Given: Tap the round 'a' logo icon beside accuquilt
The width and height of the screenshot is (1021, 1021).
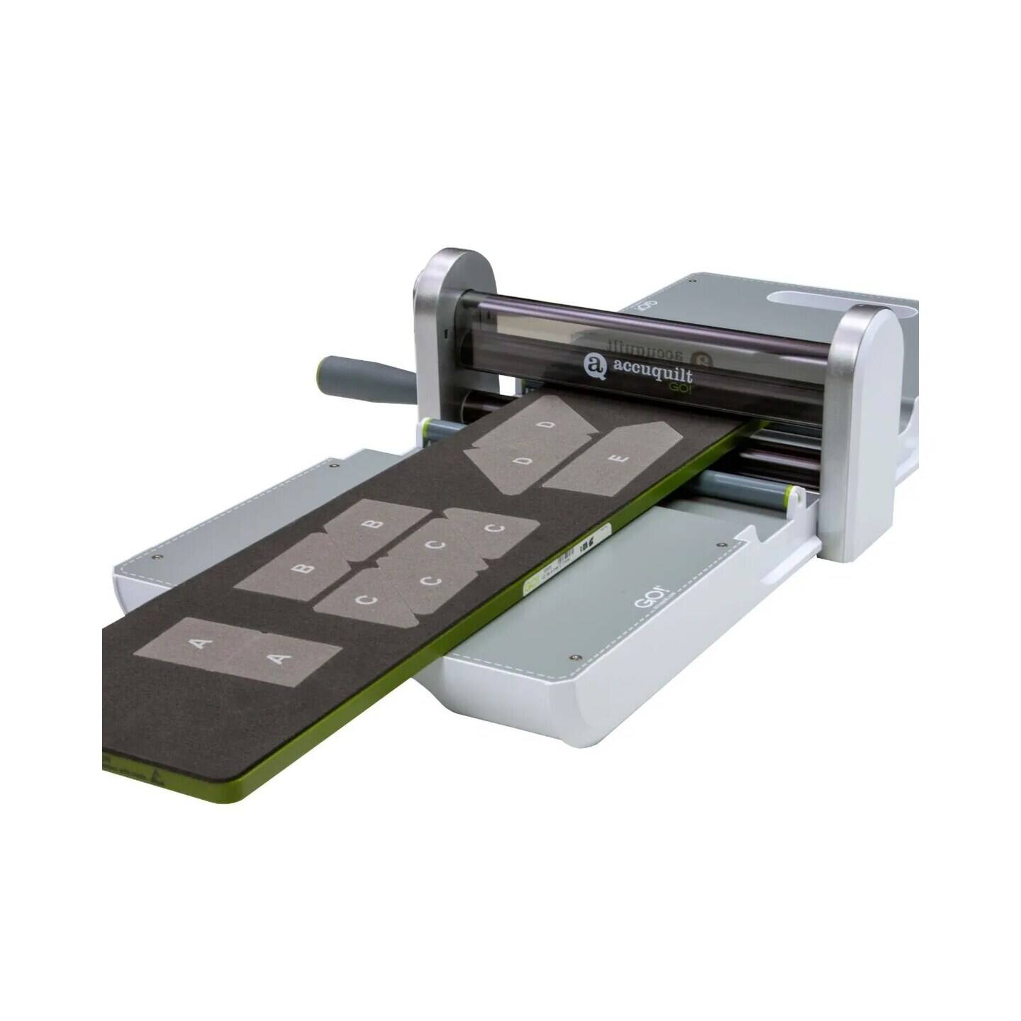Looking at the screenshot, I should [x=594, y=366].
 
